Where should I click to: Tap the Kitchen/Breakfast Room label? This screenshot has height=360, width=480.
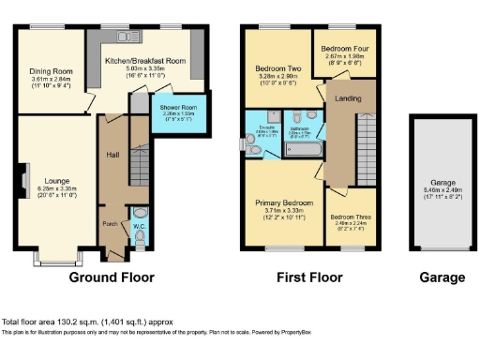tap(144, 61)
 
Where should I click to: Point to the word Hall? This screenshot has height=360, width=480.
tap(112, 155)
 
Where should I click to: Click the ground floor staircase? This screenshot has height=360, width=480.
tap(138, 169)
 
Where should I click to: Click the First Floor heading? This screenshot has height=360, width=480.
tap(308, 277)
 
